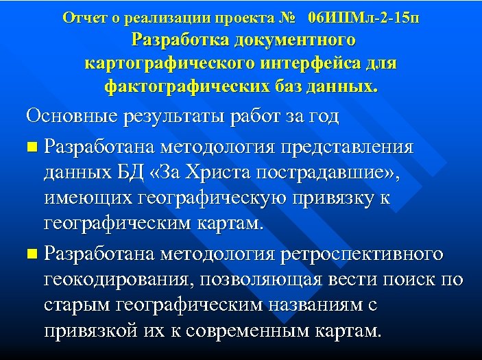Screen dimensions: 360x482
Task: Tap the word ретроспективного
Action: [x=363, y=254]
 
